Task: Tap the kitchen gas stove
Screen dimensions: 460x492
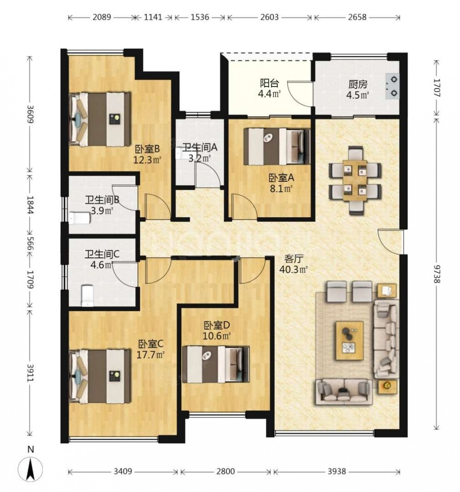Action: pos(392,86)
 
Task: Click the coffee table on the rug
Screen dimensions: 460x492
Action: pos(350,341)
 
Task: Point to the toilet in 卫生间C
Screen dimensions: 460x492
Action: pos(87,295)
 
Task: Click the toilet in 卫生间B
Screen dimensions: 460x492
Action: pos(80,218)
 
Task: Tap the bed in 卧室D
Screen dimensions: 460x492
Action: pos(216,365)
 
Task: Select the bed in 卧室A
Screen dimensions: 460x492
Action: pos(277,146)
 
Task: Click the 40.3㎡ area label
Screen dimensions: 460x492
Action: pos(293,270)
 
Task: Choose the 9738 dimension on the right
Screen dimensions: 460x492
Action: pos(437,272)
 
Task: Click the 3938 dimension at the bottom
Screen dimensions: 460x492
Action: pos(336,471)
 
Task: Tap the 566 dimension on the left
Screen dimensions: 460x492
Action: pos(30,243)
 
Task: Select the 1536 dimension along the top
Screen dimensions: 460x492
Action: pos(200,17)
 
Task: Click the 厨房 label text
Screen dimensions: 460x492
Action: pos(357,84)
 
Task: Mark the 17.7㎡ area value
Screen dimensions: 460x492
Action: pos(151,355)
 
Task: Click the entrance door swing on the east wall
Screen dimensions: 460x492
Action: pos(390,242)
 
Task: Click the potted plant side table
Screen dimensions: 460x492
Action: pos(387,387)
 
